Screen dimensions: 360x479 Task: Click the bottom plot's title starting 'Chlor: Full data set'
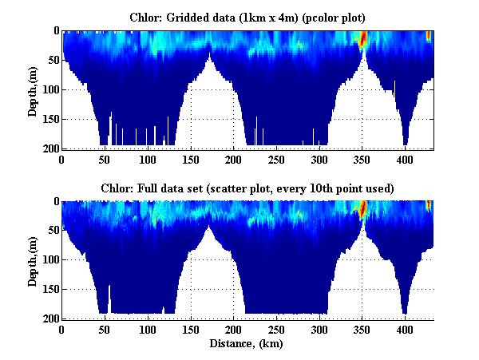(247, 188)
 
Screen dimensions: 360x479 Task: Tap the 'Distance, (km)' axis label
(247, 344)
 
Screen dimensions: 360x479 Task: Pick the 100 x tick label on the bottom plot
(148, 329)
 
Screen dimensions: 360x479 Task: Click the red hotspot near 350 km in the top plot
(362, 38)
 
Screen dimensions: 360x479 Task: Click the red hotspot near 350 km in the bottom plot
(362, 209)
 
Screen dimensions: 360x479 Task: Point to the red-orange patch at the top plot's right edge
(429, 36)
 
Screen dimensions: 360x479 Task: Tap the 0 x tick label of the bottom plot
(61, 329)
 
